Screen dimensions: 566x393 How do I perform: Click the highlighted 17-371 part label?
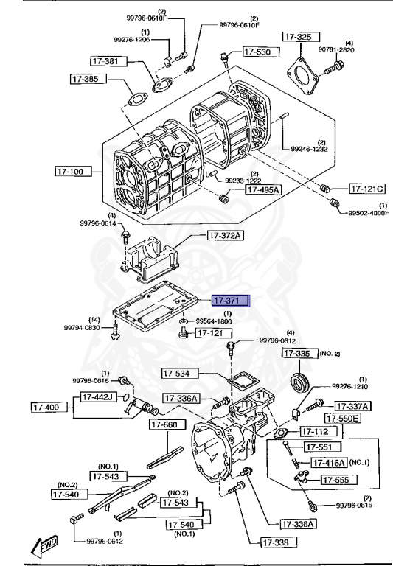click(230, 301)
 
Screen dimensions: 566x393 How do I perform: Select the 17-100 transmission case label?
click(72, 171)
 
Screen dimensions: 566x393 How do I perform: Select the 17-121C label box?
click(366, 189)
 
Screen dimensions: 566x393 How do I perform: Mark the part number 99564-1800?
click(214, 321)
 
